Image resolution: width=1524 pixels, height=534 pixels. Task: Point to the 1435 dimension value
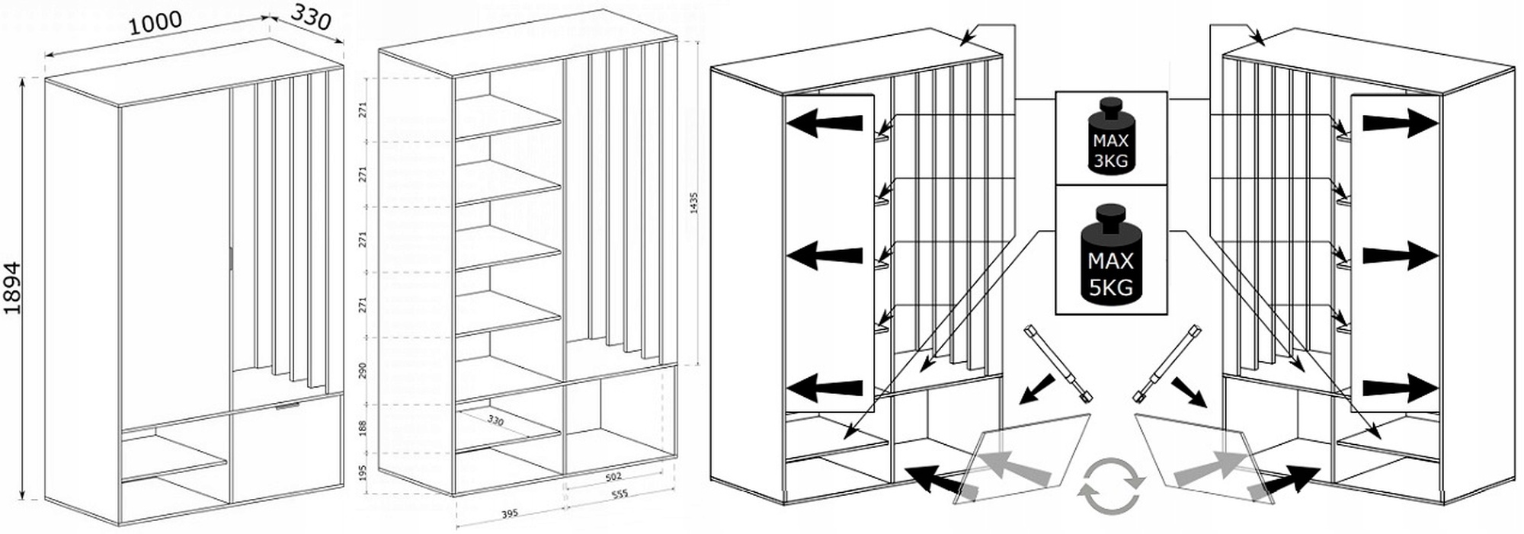(693, 204)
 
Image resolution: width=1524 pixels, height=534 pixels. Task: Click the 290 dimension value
(363, 370)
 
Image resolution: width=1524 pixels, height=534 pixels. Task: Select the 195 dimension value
(363, 474)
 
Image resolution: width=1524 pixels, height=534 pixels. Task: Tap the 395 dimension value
(509, 513)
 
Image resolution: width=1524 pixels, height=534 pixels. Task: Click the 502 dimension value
(613, 478)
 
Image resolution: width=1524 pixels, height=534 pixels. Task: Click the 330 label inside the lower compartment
(495, 420)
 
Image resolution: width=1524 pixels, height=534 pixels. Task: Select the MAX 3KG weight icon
(1110, 138)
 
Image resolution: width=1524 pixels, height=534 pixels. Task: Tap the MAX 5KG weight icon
(1110, 252)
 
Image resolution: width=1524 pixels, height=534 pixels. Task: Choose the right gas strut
(1167, 361)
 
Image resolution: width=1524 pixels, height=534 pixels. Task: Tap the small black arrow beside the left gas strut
(1035, 390)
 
